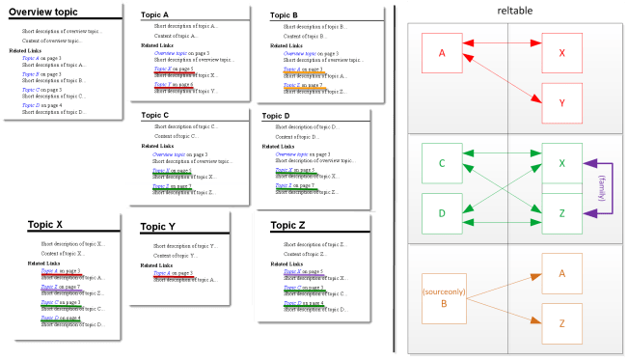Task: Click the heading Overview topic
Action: [x=42, y=12]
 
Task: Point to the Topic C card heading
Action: [x=154, y=115]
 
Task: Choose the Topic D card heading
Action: [x=280, y=115]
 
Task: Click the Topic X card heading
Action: [x=45, y=224]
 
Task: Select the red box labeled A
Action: [x=443, y=52]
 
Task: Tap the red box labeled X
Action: [x=561, y=52]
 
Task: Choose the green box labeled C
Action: [x=443, y=163]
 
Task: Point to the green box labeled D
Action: [x=443, y=212]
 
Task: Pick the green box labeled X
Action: [x=561, y=163]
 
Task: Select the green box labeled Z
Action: [x=561, y=212]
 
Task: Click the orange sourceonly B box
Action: [x=443, y=296]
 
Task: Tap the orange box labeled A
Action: [x=561, y=273]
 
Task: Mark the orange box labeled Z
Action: [x=561, y=323]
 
